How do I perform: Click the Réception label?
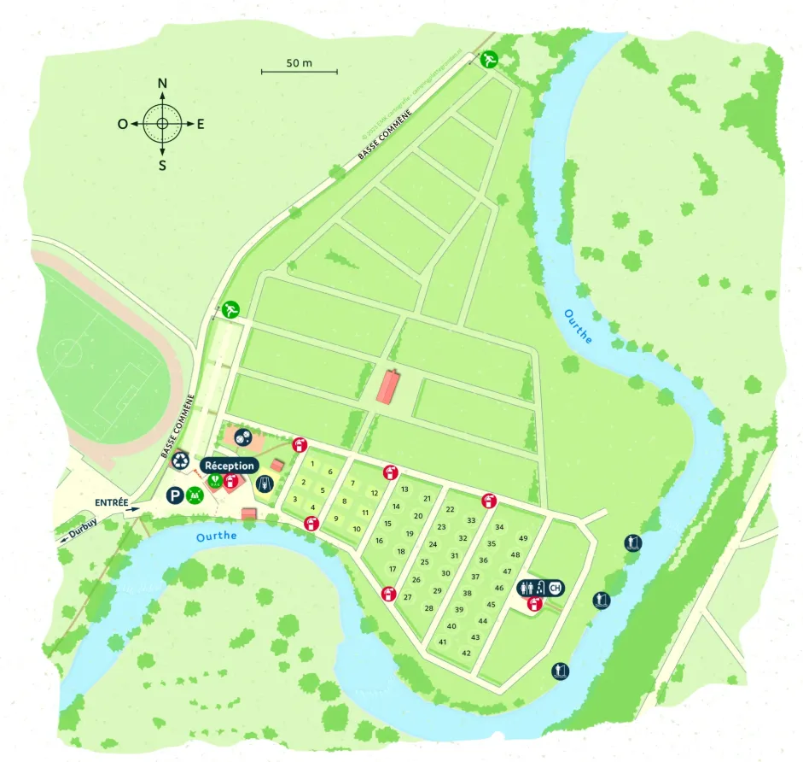(x=230, y=466)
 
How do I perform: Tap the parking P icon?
(x=174, y=494)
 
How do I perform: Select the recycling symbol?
(x=180, y=460)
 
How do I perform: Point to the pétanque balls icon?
(x=243, y=437)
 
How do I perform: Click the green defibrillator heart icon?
(x=214, y=481)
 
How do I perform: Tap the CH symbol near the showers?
(x=556, y=588)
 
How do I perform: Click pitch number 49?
(x=523, y=538)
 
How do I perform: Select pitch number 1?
(x=312, y=464)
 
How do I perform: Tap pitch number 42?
(x=466, y=653)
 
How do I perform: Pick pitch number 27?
(x=408, y=597)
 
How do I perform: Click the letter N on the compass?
(x=162, y=83)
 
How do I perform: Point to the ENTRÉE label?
(x=112, y=502)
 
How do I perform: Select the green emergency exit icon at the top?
(x=489, y=60)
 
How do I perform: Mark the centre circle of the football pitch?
(x=67, y=349)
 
